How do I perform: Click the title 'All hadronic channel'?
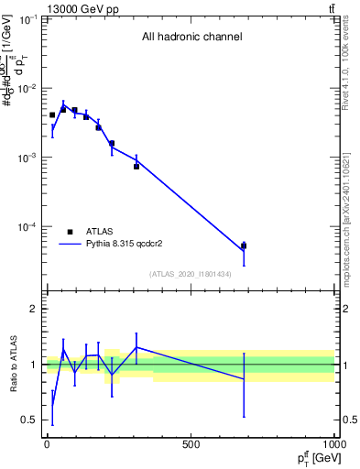click(x=191, y=38)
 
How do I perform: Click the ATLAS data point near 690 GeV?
click(x=244, y=245)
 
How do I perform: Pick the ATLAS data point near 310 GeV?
click(x=136, y=166)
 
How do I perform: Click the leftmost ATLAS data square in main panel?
click(x=52, y=115)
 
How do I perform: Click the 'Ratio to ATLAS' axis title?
click(x=12, y=365)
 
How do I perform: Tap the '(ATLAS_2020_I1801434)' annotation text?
click(x=190, y=274)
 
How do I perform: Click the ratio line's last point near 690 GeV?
click(x=244, y=378)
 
